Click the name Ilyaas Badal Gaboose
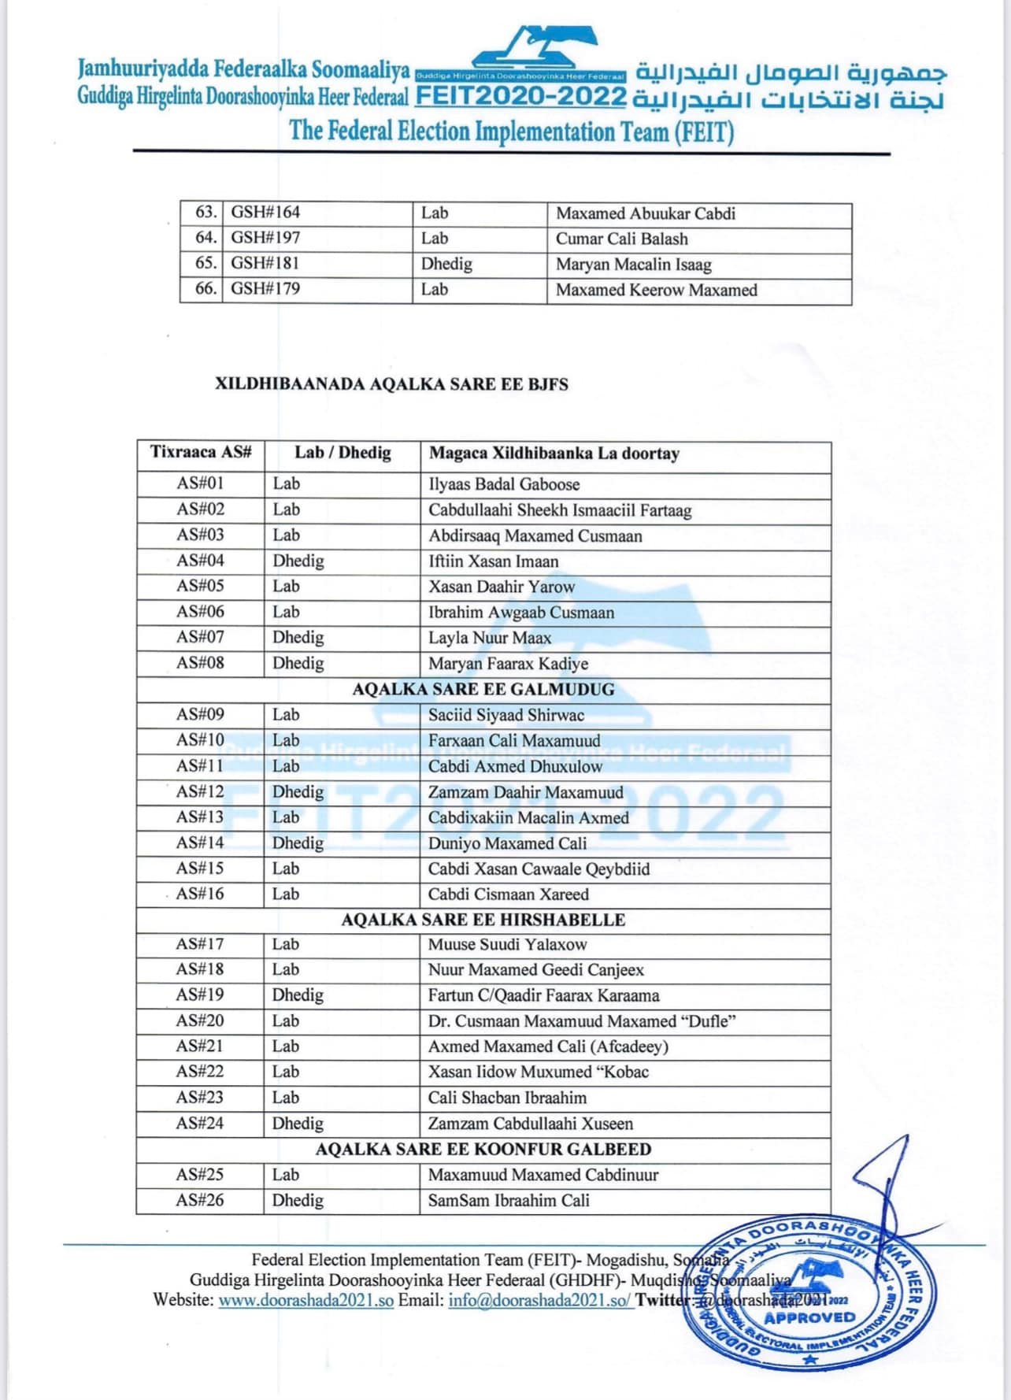(504, 484)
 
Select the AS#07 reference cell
(200, 637)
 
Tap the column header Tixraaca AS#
(201, 453)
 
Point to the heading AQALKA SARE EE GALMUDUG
(483, 690)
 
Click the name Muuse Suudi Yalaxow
(507, 944)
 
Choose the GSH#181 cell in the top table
(265, 263)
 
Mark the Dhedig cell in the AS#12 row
(298, 791)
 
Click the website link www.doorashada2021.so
(306, 1300)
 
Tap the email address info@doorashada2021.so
(539, 1300)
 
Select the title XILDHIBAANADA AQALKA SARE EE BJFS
(391, 385)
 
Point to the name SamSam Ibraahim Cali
(509, 1201)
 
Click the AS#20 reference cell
(200, 1020)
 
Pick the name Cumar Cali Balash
(621, 239)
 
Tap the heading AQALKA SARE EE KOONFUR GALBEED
(483, 1149)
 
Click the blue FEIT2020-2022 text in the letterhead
(520, 98)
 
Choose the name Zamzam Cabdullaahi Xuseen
(530, 1124)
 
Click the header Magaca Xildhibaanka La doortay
(554, 454)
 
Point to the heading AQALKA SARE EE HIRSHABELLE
(483, 920)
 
